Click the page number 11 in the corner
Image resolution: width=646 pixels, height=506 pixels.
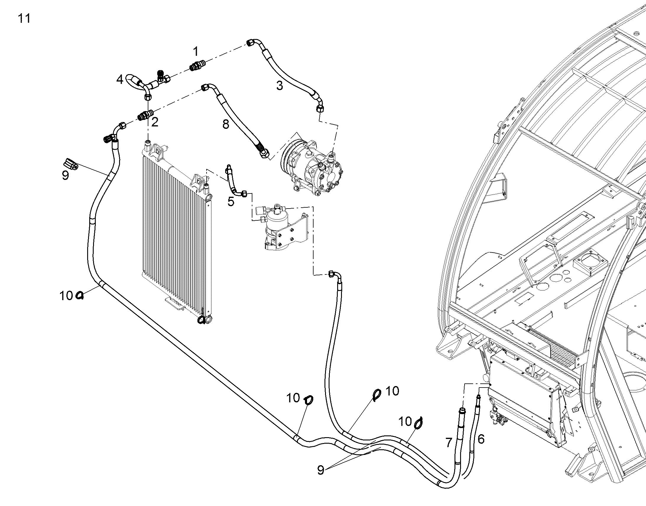pyautogui.click(x=24, y=19)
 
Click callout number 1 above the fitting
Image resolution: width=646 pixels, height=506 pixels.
pyautogui.click(x=195, y=52)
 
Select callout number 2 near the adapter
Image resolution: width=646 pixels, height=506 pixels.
pyautogui.click(x=155, y=122)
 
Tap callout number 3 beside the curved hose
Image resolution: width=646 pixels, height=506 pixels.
pyautogui.click(x=280, y=86)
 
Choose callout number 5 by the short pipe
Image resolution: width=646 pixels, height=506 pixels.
pyautogui.click(x=231, y=201)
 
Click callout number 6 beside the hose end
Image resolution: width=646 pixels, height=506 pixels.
pyautogui.click(x=481, y=439)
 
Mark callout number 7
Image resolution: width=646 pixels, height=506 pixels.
pyautogui.click(x=449, y=443)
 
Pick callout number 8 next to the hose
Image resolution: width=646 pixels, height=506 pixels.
pyautogui.click(x=226, y=124)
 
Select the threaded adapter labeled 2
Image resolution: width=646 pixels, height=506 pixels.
pyautogui.click(x=146, y=115)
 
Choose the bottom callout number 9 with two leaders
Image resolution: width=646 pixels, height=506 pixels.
pyautogui.click(x=320, y=470)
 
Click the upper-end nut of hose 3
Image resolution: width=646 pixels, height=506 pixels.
pyautogui.click(x=251, y=43)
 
